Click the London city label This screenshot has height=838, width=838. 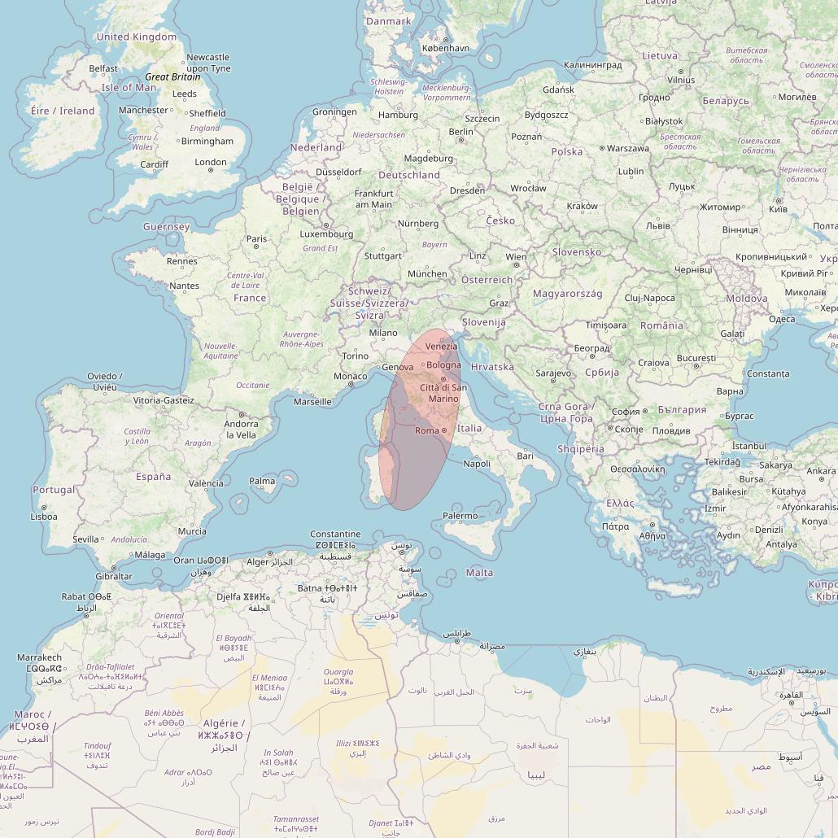pyautogui.click(x=210, y=162)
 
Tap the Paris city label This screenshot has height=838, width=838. pyautogui.click(x=256, y=239)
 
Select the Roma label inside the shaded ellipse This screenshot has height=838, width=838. pyautogui.click(x=426, y=430)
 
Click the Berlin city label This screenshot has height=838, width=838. pyautogui.click(x=460, y=132)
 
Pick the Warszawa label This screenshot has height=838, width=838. pyautogui.click(x=628, y=149)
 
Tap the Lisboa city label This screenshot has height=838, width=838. pyautogui.click(x=44, y=517)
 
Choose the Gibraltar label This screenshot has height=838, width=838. pyautogui.click(x=114, y=577)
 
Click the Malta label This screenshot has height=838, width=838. pyautogui.click(x=479, y=573)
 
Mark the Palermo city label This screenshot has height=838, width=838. pyautogui.click(x=460, y=516)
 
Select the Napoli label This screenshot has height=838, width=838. pyautogui.click(x=477, y=464)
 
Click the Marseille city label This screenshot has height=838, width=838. pyautogui.click(x=312, y=401)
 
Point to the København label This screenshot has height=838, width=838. pyautogui.click(x=445, y=48)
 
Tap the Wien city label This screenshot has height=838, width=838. pyautogui.click(x=516, y=257)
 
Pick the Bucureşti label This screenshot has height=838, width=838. pyautogui.click(x=696, y=358)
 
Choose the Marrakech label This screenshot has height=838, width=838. pyautogui.click(x=39, y=657)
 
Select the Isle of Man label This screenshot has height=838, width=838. pyautogui.click(x=129, y=88)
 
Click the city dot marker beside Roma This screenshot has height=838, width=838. pyautogui.click(x=444, y=430)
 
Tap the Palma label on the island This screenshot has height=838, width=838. pyautogui.click(x=262, y=481)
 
